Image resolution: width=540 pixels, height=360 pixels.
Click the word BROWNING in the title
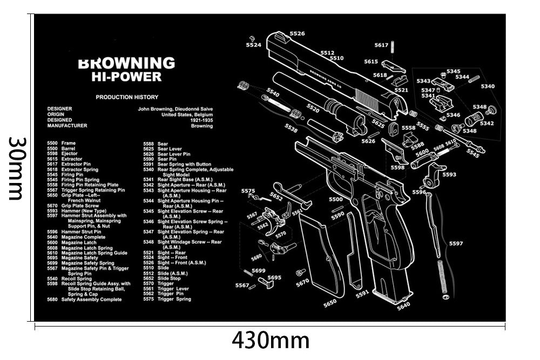[x=127, y=63]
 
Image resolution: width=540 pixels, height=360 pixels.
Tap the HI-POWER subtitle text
[x=127, y=77]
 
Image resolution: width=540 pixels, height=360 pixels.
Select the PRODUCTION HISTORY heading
[x=127, y=97]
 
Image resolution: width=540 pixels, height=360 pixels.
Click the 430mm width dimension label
[x=270, y=341]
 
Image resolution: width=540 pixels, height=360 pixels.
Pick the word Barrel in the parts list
[x=69, y=148]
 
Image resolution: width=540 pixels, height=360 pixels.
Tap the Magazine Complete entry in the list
[x=83, y=237]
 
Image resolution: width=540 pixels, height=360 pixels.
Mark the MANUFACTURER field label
[x=67, y=125]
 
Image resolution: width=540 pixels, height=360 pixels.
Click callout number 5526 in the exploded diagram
[x=297, y=33]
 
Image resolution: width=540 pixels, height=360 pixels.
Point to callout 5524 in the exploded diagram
[x=253, y=45]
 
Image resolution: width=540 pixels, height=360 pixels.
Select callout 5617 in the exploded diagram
[x=381, y=45]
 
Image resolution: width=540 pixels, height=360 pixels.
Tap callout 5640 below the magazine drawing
[x=403, y=305]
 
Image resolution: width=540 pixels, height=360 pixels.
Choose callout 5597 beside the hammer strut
[x=456, y=243]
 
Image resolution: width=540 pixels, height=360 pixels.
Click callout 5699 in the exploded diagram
[x=259, y=270]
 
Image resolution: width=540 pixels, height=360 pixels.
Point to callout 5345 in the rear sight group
[x=454, y=71]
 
